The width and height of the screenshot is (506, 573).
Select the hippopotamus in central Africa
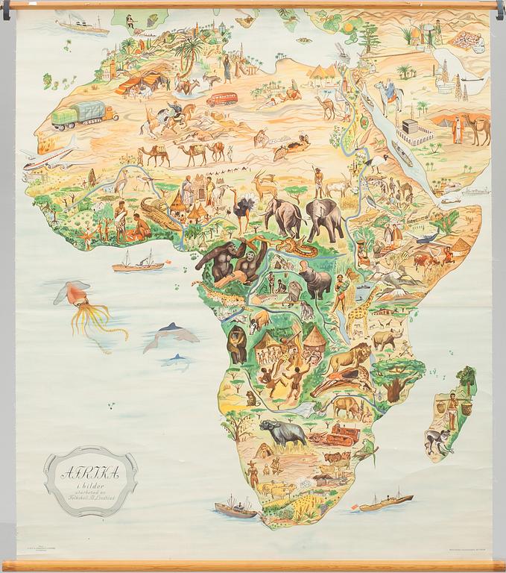coord(314,281)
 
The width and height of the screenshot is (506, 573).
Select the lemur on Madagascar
coord(440,440)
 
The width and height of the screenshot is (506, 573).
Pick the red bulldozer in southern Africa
coord(335,435)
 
